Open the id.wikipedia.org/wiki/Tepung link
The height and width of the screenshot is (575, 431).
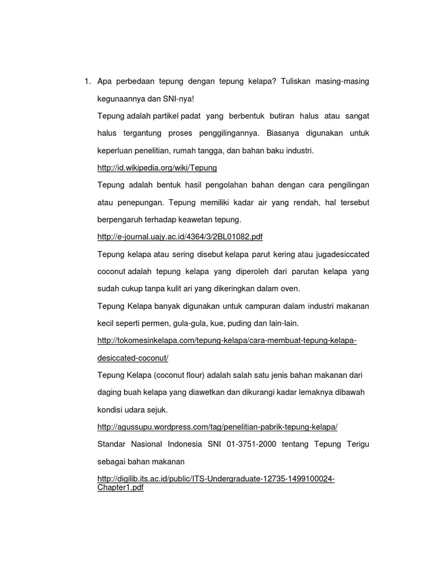157,167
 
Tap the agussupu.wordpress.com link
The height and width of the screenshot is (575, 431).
217,427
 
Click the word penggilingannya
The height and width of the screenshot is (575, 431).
230,134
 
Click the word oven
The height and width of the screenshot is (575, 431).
291,289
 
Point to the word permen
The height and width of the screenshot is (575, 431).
161,323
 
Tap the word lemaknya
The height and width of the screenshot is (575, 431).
309,392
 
